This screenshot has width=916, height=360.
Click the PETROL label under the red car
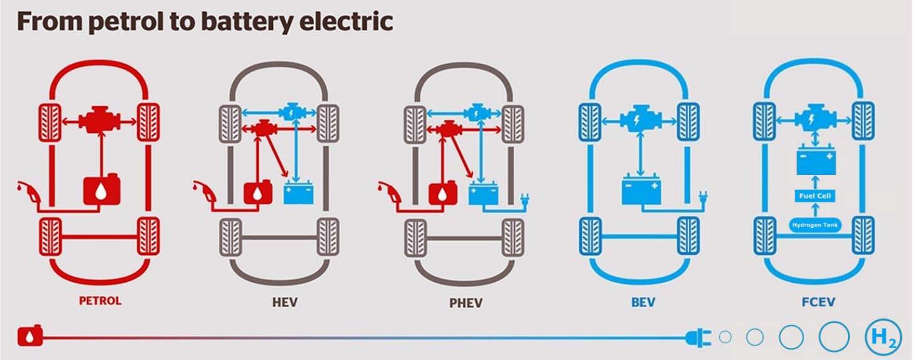(99, 301)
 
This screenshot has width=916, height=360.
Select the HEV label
(284, 303)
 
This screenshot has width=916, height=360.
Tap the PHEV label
(466, 303)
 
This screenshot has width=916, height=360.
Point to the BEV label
(643, 303)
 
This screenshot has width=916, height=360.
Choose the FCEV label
(818, 303)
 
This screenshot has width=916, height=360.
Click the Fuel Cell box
(815, 196)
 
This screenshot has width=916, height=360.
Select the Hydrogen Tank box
(815, 225)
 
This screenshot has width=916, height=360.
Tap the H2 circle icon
(883, 337)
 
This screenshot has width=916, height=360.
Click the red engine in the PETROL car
(100, 120)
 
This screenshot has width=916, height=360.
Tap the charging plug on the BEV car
(703, 200)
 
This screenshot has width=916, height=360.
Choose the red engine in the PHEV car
(449, 130)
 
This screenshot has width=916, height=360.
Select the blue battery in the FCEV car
(815, 161)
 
